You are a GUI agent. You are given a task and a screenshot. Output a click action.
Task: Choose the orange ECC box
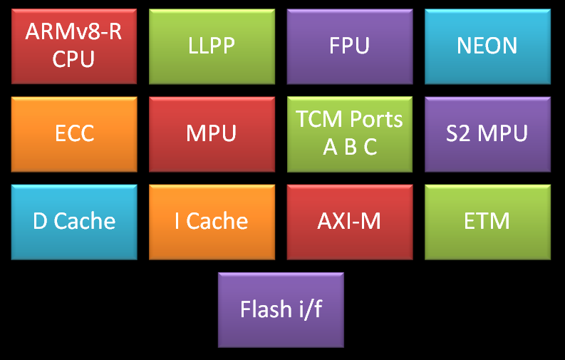73,134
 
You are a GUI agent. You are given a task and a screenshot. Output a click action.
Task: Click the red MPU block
212,134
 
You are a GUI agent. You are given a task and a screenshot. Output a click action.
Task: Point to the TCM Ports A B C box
350,134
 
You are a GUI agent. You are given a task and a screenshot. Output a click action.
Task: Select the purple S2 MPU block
488,134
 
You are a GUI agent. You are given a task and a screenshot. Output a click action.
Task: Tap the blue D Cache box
73,222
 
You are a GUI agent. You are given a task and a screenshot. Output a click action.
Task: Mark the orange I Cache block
212,222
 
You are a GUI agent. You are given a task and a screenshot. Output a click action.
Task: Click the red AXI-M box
350,222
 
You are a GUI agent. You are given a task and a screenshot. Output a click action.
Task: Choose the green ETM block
488,222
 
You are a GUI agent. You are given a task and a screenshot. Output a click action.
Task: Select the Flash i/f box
281,309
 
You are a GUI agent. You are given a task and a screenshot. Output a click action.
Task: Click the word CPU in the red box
73,58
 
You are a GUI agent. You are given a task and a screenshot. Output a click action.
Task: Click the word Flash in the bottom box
264,309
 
